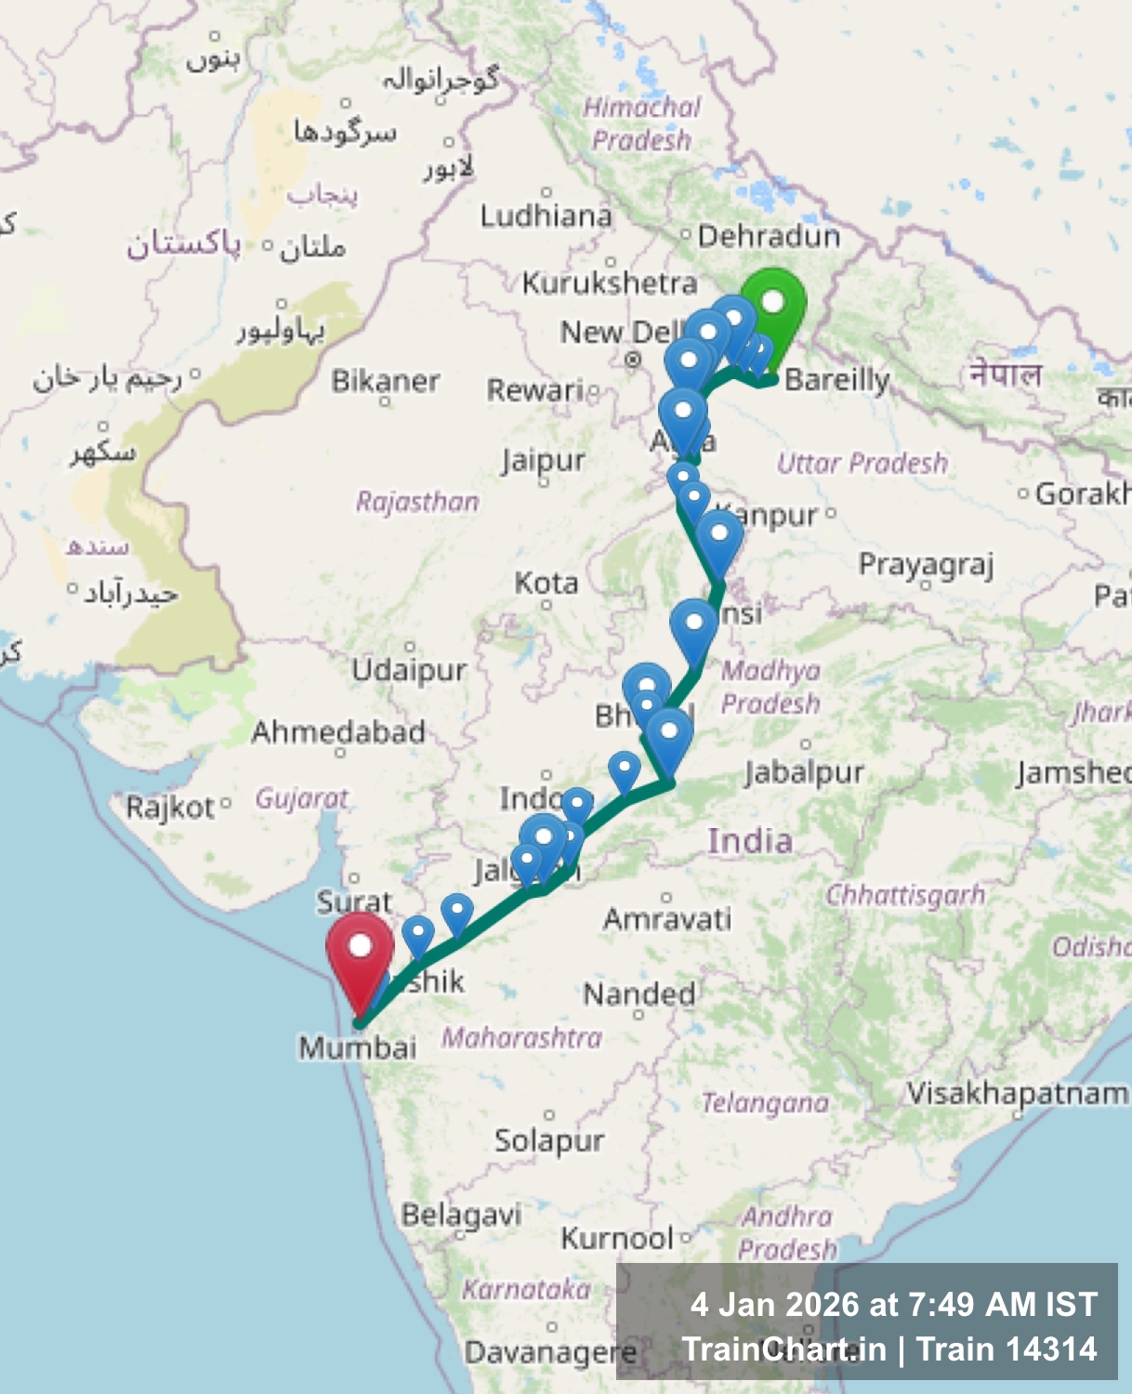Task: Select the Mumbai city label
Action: [x=358, y=1047]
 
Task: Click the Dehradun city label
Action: [x=769, y=236]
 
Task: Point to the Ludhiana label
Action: [x=546, y=217]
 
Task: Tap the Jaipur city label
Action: [x=544, y=460]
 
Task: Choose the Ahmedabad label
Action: [x=338, y=732]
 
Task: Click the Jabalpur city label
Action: [x=805, y=772]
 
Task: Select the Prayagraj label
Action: [x=927, y=564]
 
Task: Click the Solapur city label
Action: [x=549, y=1140]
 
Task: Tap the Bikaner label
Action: [x=386, y=381]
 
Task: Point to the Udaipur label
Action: [x=409, y=670]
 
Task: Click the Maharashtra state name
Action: [x=521, y=1037]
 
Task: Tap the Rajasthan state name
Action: [x=417, y=502]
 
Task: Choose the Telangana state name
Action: [x=765, y=1103]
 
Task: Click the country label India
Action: [x=750, y=841]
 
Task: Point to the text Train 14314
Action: [x=1007, y=1349]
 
